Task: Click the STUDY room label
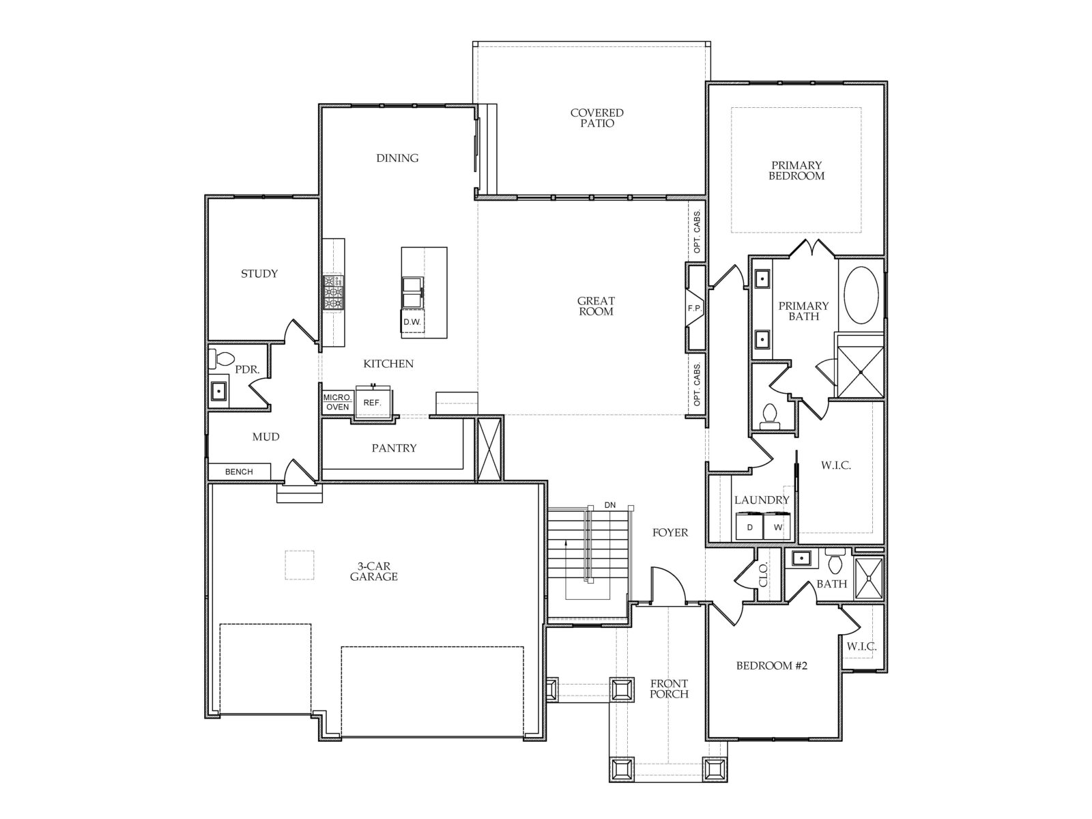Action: point(259,274)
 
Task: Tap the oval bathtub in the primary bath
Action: point(861,296)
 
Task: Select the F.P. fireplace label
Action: point(695,308)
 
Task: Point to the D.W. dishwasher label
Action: point(412,321)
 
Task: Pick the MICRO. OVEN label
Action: point(337,402)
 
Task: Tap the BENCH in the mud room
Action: point(240,472)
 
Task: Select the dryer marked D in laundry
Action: point(749,527)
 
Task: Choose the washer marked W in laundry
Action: point(777,527)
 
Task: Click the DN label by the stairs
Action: point(610,505)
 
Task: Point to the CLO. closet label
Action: point(764,575)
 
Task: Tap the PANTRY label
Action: point(394,448)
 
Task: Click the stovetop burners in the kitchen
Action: point(333,292)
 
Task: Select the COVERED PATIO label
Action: point(597,118)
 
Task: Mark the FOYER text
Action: point(670,532)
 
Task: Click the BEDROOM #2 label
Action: point(772,665)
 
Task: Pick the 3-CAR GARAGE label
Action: point(373,571)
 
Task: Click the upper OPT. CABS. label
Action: point(697,231)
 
